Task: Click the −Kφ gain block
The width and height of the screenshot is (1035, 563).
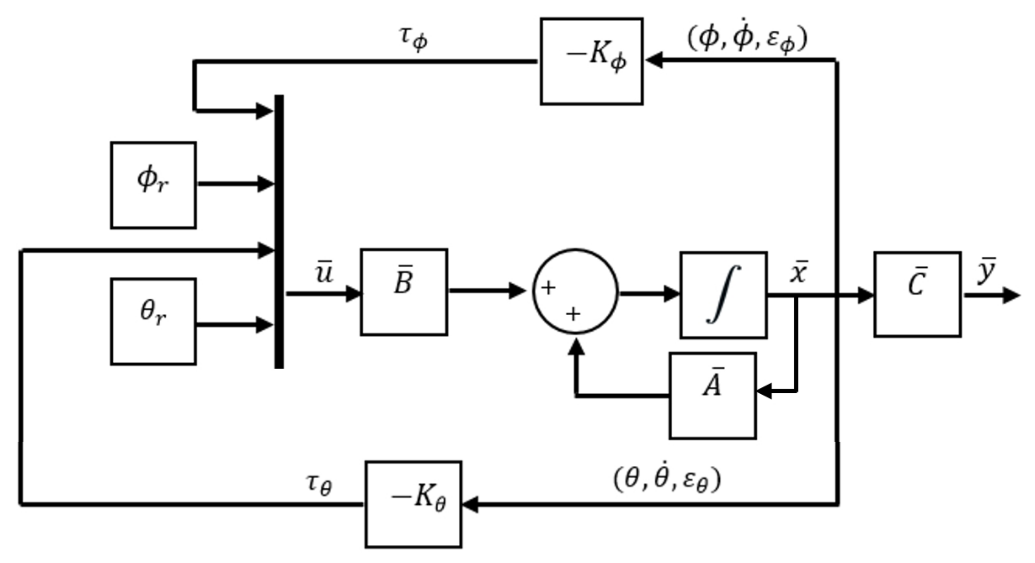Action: [x=591, y=61]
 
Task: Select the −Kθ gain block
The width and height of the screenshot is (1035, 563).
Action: [x=413, y=504]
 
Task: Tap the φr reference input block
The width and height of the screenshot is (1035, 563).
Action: [x=153, y=185]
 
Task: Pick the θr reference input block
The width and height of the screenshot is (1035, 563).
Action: [x=153, y=322]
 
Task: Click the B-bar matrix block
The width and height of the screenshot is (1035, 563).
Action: [x=404, y=292]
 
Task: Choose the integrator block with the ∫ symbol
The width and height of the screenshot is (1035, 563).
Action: [x=724, y=295]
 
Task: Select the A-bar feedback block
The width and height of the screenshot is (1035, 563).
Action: [x=713, y=396]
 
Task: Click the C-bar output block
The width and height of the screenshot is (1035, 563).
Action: [x=918, y=294]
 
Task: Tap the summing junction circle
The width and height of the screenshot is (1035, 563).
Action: [x=575, y=291]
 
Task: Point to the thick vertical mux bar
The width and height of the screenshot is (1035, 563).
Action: [x=279, y=231]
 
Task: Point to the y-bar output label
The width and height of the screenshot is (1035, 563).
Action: [x=986, y=271]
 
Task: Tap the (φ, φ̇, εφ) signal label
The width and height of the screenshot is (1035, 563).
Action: [x=747, y=39]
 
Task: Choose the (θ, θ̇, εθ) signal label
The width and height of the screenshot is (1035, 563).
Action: [x=667, y=480]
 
